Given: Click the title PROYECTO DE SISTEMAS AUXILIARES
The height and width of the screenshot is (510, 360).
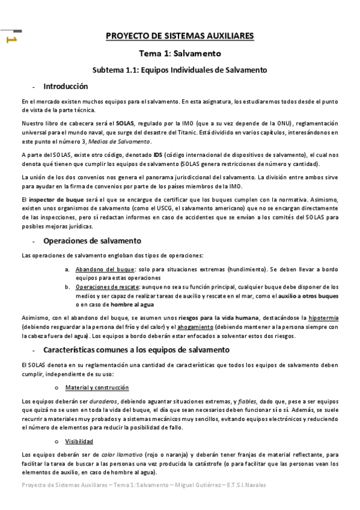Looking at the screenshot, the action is click(180, 36).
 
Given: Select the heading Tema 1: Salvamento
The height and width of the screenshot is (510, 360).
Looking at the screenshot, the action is click(180, 53).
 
